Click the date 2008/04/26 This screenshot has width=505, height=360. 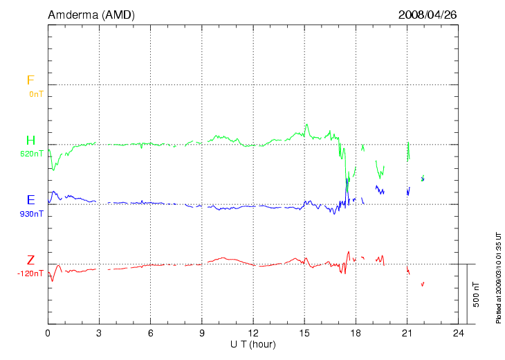[x=428, y=15]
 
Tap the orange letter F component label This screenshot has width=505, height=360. [x=30, y=80]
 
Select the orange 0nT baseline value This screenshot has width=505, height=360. [x=36, y=93]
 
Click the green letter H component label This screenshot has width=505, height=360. [x=30, y=141]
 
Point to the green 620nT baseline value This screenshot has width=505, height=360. [x=32, y=154]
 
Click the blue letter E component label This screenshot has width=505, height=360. [x=30, y=201]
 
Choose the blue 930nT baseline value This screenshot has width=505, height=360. [x=32, y=214]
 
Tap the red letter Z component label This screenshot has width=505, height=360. [x=30, y=260]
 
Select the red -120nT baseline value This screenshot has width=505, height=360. [x=30, y=273]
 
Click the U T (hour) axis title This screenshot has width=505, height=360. [x=253, y=344]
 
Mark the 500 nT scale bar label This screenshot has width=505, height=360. [x=477, y=294]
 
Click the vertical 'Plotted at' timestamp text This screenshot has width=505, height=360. [x=498, y=277]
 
